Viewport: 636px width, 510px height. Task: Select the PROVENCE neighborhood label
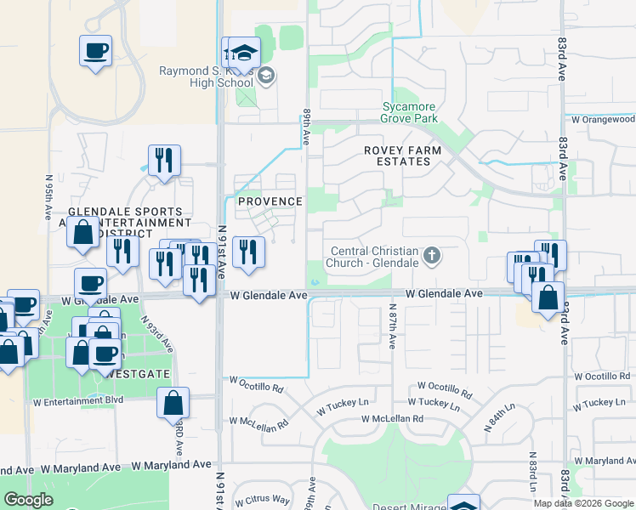tap(270, 201)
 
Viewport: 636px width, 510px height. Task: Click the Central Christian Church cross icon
tap(432, 256)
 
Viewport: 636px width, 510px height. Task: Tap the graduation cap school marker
tap(244, 53)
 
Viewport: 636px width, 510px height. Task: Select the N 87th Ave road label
tap(393, 326)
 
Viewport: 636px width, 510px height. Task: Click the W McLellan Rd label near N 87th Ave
tap(392, 419)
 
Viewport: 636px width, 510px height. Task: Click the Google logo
tap(28, 500)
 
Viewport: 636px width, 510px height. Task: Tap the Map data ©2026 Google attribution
tap(582, 503)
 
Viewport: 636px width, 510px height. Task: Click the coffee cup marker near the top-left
tap(95, 49)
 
